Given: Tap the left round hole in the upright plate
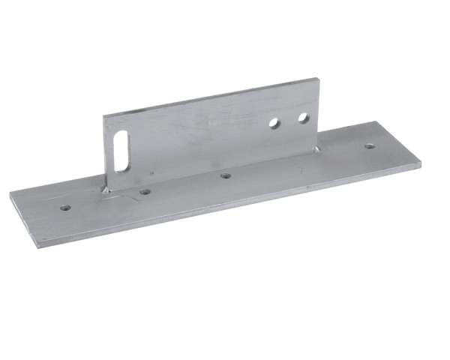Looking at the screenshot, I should (x=275, y=122).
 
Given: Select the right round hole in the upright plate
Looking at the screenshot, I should (x=303, y=118).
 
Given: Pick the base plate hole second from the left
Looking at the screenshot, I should (x=145, y=192).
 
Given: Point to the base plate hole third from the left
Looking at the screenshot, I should (x=225, y=175).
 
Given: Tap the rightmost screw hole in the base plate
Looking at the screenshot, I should (x=370, y=146).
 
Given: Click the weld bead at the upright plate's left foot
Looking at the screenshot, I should (x=106, y=190).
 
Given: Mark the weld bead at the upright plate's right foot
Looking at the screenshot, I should (x=316, y=148).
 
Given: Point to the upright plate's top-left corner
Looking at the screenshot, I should (x=103, y=115).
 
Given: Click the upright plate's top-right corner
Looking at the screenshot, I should (x=315, y=77).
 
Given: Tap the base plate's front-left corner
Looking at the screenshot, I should (x=36, y=244).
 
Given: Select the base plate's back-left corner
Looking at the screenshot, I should (x=10, y=193).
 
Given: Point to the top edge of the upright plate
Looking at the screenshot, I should (x=210, y=95).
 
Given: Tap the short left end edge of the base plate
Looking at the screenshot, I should (x=22, y=219).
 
